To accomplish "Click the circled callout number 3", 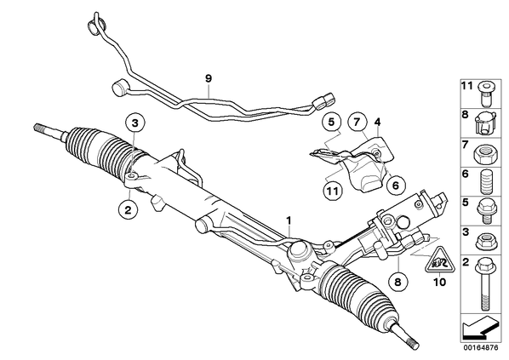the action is point(135,123).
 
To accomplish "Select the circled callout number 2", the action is point(129,210).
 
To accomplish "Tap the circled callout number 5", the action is point(331,123).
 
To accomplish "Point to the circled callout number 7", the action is point(357,123).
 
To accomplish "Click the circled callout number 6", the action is point(396,185).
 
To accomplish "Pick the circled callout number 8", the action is point(398,282).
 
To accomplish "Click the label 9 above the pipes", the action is point(209,78).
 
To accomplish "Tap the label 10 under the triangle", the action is point(440,282).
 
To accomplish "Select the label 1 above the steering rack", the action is point(289,220).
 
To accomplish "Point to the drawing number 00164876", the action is point(480,348).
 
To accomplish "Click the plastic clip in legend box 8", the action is point(485,124).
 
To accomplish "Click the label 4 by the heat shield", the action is point(377,123).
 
